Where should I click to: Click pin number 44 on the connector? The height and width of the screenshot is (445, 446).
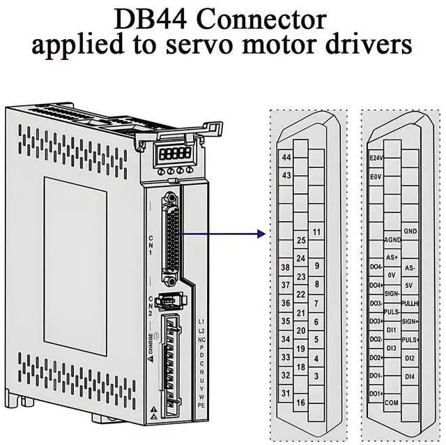pos(286,158)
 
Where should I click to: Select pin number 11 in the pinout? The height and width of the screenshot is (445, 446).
pos(317,232)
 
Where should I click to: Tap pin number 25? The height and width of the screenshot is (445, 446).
pos(302,241)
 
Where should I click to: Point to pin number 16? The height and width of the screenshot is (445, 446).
pos(301,402)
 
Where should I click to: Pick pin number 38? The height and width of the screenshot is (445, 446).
pos(285,267)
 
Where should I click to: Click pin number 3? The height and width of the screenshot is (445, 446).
pos(317,376)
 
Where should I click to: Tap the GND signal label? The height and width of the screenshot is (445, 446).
pos(410,231)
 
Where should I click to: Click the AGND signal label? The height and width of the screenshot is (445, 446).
pos(392,240)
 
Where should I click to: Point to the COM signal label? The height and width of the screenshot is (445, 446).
pos(392,402)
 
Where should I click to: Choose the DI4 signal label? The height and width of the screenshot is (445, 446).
pos(410,376)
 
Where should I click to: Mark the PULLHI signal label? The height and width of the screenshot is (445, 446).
pos(410,303)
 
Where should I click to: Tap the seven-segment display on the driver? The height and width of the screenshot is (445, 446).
pos(174,152)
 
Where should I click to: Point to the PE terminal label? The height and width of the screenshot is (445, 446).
pos(201,405)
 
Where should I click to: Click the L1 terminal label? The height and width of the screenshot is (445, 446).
pos(201,321)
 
